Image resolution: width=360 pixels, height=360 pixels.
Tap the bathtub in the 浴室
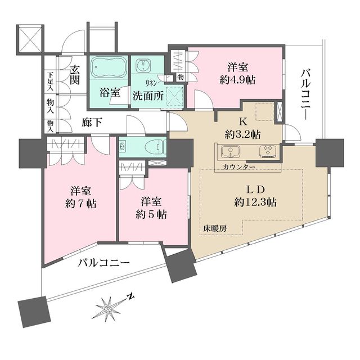coord(107,69)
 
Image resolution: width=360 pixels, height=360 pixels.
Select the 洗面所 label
coord(148,95)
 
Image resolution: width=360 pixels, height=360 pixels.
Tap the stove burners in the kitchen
coord(267,151)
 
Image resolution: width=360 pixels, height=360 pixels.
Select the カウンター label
coord(238,168)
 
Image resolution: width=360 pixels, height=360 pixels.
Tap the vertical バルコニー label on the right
coord(306,93)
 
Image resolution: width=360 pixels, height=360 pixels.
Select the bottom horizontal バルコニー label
coord(103,263)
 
